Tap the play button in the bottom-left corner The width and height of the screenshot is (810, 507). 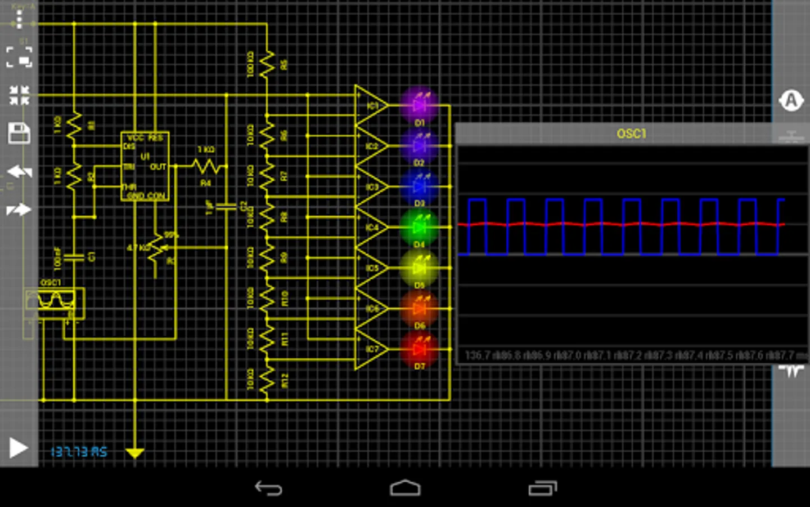pyautogui.click(x=18, y=448)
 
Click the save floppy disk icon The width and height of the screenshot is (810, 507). pyautogui.click(x=19, y=134)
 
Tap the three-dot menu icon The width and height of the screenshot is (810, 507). pyautogui.click(x=19, y=20)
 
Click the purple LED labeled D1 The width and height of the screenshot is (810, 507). pyautogui.click(x=419, y=105)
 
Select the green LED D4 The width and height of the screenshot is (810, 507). pyautogui.click(x=419, y=227)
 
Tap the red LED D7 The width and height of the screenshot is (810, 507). pyautogui.click(x=419, y=349)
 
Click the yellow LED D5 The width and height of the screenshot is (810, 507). pyautogui.click(x=419, y=268)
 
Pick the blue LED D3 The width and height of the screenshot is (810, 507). pyautogui.click(x=419, y=186)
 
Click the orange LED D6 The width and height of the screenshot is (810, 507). pyautogui.click(x=419, y=309)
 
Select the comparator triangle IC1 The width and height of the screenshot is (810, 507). pyautogui.click(x=370, y=105)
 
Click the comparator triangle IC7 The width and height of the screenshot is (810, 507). pyautogui.click(x=370, y=349)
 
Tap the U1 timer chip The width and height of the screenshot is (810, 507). pyautogui.click(x=145, y=166)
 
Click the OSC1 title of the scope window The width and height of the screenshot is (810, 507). pyautogui.click(x=631, y=134)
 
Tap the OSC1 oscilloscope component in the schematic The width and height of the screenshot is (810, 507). pyautogui.click(x=55, y=303)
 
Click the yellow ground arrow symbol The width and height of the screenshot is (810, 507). pyautogui.click(x=135, y=452)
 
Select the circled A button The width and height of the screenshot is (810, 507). pyautogui.click(x=791, y=101)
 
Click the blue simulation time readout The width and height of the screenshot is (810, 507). pyautogui.click(x=79, y=452)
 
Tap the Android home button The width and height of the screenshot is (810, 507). pyautogui.click(x=405, y=488)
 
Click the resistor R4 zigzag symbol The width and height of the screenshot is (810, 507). pyautogui.click(x=206, y=166)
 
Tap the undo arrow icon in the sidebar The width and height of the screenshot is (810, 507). pyautogui.click(x=19, y=172)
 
